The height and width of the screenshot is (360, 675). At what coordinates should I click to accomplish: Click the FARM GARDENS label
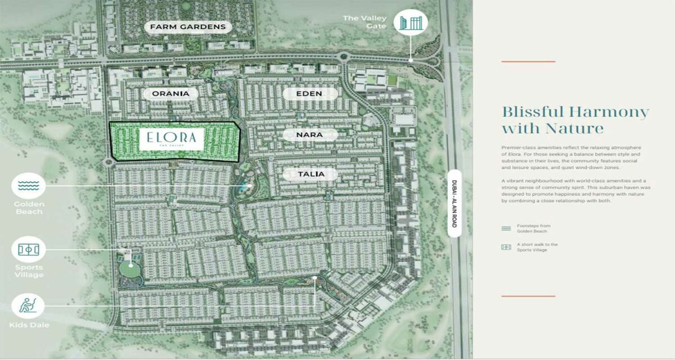tap(188, 26)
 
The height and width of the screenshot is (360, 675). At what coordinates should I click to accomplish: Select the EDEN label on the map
tap(309, 93)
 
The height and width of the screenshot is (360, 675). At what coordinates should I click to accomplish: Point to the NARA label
tap(309, 134)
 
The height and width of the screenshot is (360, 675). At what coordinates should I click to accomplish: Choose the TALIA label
tap(310, 174)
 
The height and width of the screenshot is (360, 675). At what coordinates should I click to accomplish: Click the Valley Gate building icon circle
tap(411, 23)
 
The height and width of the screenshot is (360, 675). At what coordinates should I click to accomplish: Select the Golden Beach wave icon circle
tap(28, 184)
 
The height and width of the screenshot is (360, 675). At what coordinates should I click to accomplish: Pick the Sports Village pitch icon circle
tap(28, 249)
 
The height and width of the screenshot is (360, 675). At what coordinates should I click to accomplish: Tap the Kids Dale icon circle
tap(28, 307)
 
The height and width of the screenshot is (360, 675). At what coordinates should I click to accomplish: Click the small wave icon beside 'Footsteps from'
tap(506, 228)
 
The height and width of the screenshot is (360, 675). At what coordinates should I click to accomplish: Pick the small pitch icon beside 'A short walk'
tap(506, 247)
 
